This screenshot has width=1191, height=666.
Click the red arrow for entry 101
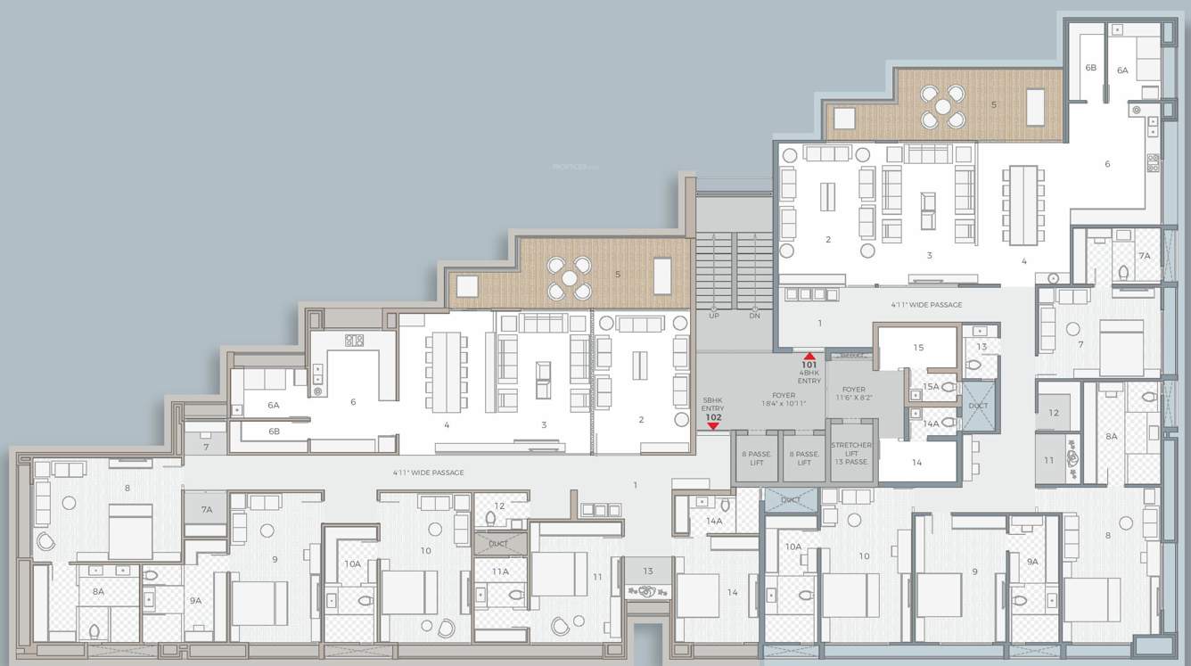(809, 356)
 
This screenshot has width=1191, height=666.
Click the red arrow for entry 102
(713, 426)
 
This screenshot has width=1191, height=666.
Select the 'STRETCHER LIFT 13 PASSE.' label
(851, 454)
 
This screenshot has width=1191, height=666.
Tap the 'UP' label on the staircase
(714, 316)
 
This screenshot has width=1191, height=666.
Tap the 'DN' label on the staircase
(754, 316)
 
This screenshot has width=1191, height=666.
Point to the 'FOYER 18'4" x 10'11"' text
(784, 399)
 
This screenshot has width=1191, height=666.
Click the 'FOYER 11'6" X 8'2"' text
(853, 394)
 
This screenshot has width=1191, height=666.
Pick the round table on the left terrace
(570, 278)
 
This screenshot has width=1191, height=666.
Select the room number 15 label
(918, 348)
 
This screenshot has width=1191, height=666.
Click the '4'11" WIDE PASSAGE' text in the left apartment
(428, 473)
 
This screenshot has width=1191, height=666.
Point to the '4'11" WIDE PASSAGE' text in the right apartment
(926, 305)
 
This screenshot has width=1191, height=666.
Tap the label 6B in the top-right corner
(1090, 68)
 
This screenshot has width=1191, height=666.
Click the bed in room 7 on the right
(1121, 348)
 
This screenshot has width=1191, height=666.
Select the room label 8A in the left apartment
(98, 591)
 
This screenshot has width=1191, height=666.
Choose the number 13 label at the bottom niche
(648, 571)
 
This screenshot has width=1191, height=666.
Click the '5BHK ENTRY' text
(713, 404)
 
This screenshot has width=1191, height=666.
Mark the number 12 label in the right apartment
(1053, 413)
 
